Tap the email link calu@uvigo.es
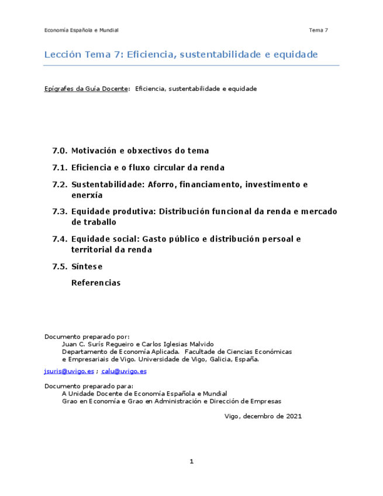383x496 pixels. pos(123,371)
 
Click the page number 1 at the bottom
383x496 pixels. pos(191,461)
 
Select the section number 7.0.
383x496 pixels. pos(60,151)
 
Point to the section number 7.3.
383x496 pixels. pos(60,212)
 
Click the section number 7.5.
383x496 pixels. pos(60,267)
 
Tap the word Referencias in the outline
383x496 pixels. pos(95,283)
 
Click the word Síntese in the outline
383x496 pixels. pos(87,267)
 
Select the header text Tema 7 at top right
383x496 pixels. pos(319,30)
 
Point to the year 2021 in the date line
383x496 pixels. pos(294,416)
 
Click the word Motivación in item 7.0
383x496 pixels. pos(94,151)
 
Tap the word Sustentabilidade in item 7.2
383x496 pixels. pos(108,185)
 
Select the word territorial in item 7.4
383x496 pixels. pos(91,250)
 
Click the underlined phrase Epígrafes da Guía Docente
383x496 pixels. pos(87,89)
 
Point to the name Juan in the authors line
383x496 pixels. pos(69,345)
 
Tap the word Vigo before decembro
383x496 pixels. pos(233,416)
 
